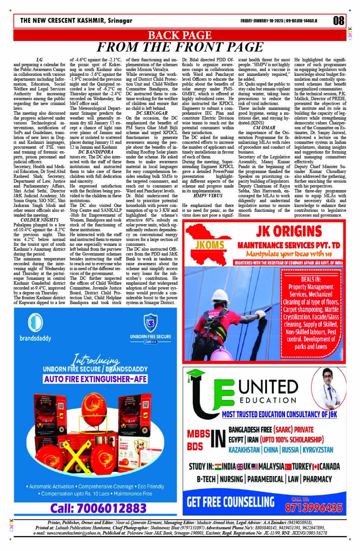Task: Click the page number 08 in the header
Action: point(338,20)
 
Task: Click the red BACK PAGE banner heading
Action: point(179,35)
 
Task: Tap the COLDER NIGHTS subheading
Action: point(40,220)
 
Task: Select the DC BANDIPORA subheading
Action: point(96,152)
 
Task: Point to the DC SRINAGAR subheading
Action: point(152,113)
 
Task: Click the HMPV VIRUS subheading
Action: point(208,195)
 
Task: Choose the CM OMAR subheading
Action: point(264,128)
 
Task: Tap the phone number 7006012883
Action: point(98,508)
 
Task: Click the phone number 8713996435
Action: point(314,508)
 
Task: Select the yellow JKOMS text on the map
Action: point(210,245)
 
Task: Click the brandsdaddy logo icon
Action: point(35,322)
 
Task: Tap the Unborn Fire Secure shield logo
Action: point(150,323)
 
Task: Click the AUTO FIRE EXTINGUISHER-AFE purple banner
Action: point(95,379)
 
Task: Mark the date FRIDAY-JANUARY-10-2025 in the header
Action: point(262,21)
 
